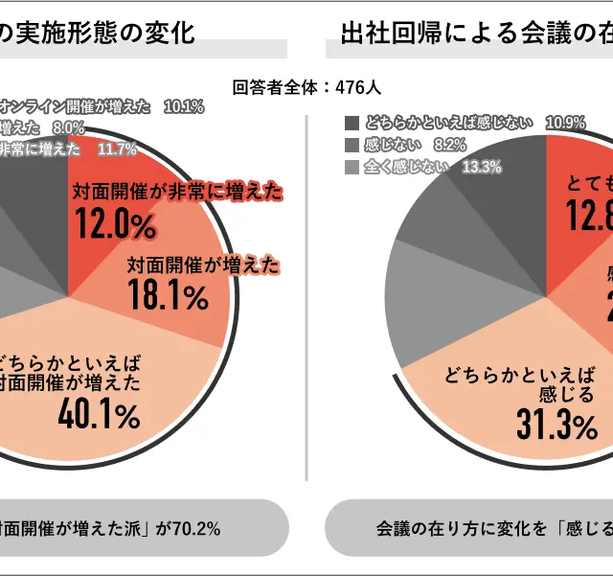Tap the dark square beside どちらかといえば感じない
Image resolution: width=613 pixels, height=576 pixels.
(352, 123)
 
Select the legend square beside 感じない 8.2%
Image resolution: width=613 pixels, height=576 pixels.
(352, 145)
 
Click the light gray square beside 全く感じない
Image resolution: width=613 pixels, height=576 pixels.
(352, 167)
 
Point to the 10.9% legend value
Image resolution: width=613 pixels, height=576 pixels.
(565, 123)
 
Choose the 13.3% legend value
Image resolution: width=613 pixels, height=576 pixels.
(482, 167)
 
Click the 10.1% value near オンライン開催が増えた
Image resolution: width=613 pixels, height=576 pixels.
(184, 106)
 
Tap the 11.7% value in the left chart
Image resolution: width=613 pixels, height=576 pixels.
(117, 149)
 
